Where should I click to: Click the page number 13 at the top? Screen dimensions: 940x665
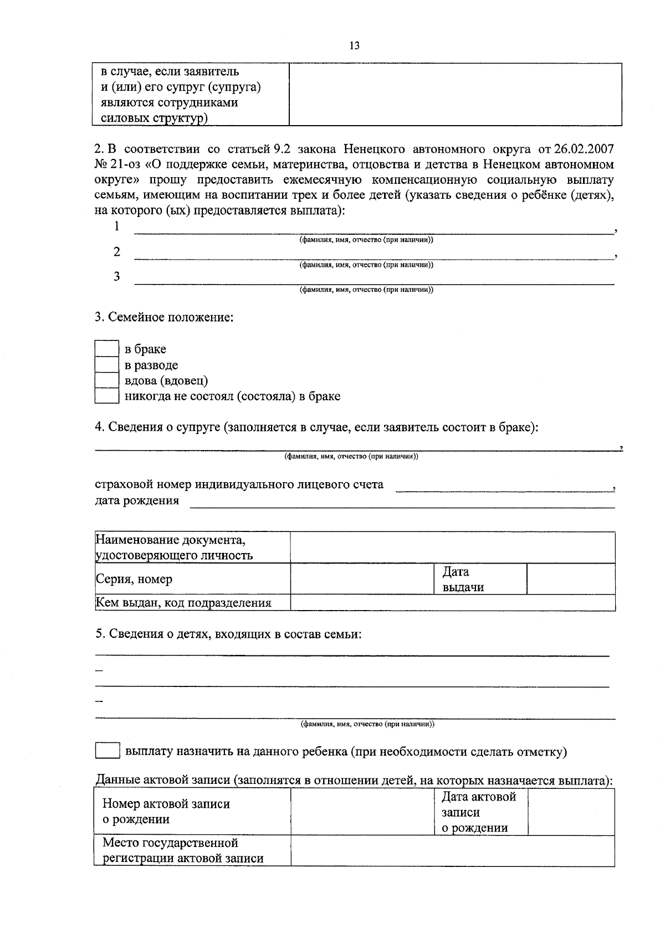click(x=354, y=46)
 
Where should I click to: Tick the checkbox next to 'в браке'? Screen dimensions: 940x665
click(x=106, y=349)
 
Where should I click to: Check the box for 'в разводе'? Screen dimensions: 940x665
click(x=106, y=365)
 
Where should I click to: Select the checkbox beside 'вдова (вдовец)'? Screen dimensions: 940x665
click(x=106, y=380)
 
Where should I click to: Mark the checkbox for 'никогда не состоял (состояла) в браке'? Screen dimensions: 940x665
click(x=106, y=396)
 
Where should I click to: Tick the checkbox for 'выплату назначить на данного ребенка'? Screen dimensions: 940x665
click(x=107, y=751)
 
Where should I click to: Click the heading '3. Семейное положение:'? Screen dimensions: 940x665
click(x=164, y=318)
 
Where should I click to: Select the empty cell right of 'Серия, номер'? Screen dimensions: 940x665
click(x=362, y=579)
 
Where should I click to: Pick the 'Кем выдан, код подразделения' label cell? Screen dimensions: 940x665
click(x=183, y=603)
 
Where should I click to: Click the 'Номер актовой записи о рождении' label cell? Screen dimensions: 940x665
click(x=166, y=812)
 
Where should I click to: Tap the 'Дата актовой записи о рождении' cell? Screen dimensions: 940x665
click(x=479, y=812)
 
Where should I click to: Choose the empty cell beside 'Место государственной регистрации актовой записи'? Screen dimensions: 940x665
click(x=452, y=850)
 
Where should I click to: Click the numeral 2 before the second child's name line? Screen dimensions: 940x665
click(x=117, y=252)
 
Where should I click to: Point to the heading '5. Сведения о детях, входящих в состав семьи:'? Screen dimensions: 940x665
click(x=228, y=634)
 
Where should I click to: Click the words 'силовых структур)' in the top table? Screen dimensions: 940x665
click(x=154, y=118)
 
